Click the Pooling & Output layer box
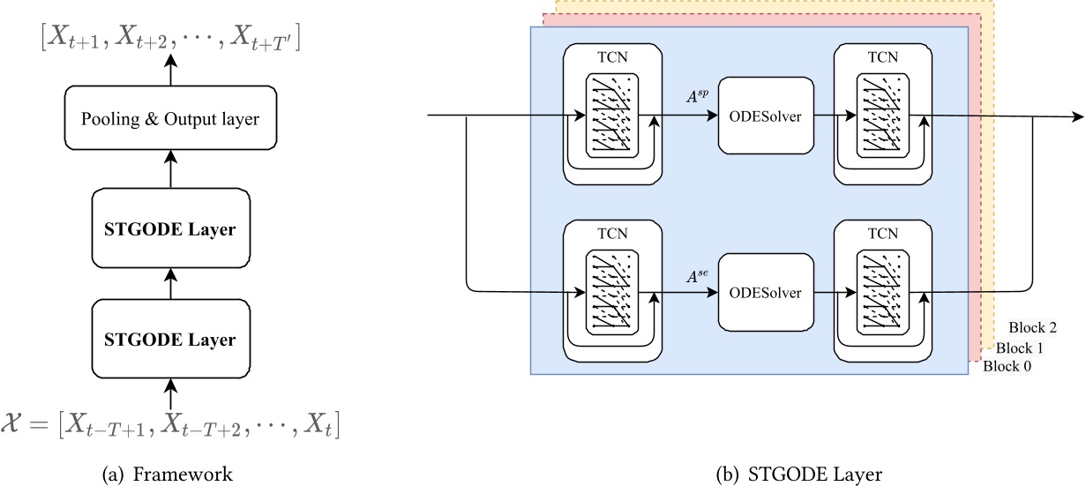(x=171, y=119)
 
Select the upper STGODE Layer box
(x=171, y=229)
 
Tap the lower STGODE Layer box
(x=171, y=338)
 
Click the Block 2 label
(x=1032, y=328)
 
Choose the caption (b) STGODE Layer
(x=799, y=475)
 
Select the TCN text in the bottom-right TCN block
(x=882, y=234)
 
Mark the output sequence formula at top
(x=171, y=38)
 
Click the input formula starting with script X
(x=171, y=428)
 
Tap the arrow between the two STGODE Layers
(x=171, y=284)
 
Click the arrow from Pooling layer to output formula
(x=171, y=70)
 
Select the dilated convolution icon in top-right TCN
(x=882, y=116)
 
